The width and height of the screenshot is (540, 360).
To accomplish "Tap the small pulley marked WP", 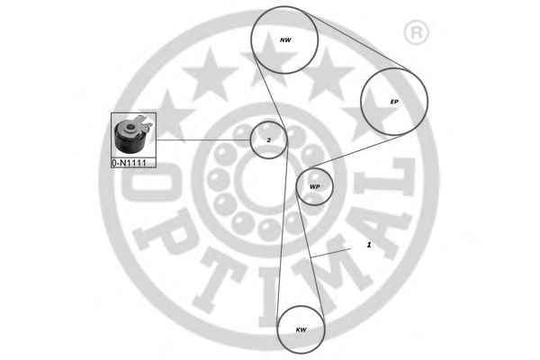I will click(315, 186).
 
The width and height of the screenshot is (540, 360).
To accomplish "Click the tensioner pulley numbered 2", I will click(268, 140).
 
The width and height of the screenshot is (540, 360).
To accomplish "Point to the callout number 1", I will click(368, 245).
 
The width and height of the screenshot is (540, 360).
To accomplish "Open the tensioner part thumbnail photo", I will click(133, 136).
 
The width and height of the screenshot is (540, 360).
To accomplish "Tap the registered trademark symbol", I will click(416, 34).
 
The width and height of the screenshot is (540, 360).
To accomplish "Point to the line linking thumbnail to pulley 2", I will click(202, 140).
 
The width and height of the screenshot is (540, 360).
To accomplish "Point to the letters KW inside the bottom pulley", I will click(301, 330).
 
